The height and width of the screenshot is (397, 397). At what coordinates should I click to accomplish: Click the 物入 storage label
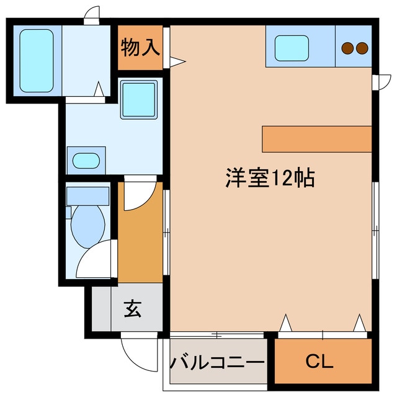pos(141,47)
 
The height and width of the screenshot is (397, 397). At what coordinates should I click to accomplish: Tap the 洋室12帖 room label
pos(269,178)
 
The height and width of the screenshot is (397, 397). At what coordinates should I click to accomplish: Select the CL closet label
pos(321,361)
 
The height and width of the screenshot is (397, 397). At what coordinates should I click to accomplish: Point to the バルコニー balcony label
pos(218,362)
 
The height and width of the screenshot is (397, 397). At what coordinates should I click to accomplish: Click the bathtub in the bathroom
pos(35,60)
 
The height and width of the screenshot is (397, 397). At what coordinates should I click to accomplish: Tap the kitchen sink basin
pos(292,47)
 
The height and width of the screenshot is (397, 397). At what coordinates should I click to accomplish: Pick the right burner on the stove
pos(362,47)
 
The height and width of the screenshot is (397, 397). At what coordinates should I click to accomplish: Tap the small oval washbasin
pos(85,161)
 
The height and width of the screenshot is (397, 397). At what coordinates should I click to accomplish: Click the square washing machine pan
pos(138,100)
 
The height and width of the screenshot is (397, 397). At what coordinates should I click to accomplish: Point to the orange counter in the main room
pos(316,138)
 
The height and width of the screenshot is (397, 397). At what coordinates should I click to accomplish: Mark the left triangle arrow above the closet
pos(286,323)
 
